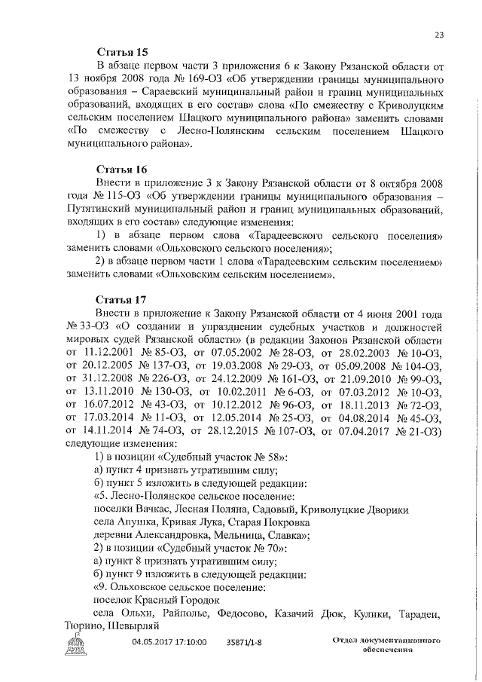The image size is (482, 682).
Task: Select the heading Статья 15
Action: [124, 52]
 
